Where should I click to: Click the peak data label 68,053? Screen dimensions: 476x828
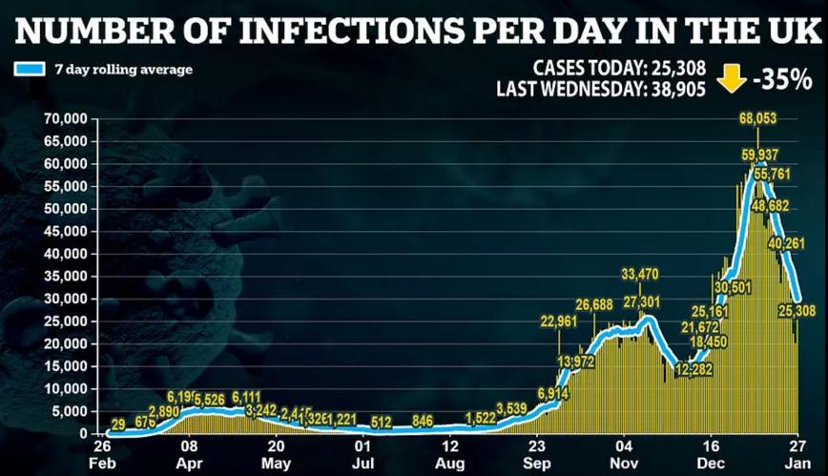pyautogui.click(x=757, y=119)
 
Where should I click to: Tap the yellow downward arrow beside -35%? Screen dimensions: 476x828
pyautogui.click(x=732, y=80)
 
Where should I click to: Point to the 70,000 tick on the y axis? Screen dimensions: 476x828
pyautogui.click(x=65, y=119)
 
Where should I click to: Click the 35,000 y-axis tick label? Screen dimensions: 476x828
pyautogui.click(x=65, y=277)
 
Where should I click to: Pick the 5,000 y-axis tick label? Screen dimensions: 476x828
pyautogui.click(x=69, y=412)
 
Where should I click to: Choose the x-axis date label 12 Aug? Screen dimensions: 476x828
pyautogui.click(x=452, y=453)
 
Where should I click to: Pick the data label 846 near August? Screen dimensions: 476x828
pyautogui.click(x=423, y=421)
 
